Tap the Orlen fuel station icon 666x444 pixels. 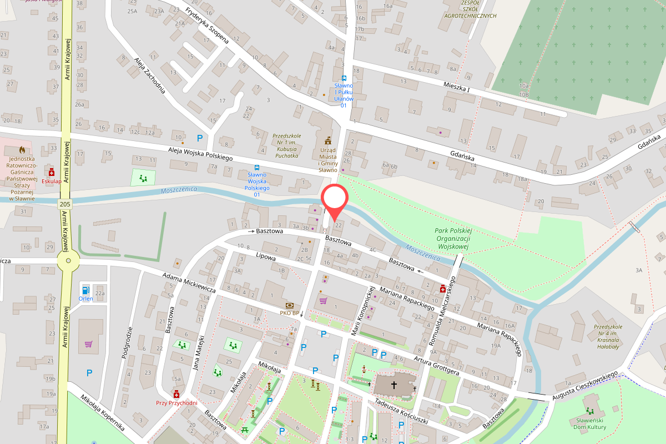pos(85,289)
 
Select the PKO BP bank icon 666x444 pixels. pos(290,305)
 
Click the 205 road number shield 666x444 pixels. pos(64,204)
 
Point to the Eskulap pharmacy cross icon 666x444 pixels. pos(52,172)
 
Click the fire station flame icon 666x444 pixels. pos(22,150)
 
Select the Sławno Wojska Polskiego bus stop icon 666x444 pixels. pos(257,167)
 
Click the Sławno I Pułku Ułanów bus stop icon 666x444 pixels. pos(344,78)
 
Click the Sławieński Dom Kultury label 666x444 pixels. pos(590,423)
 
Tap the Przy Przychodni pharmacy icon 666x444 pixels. pos(176,394)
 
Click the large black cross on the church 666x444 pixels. pos(394,384)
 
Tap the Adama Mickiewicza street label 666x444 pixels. pos(189,282)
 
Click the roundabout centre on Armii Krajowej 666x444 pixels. pos(68,260)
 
